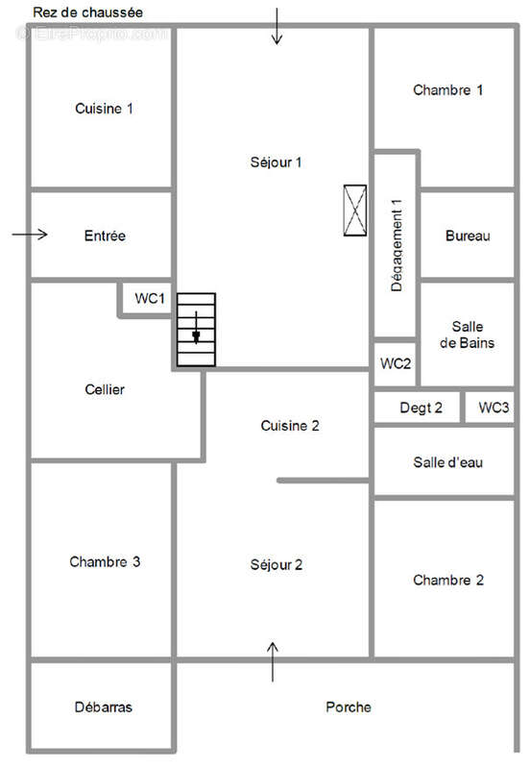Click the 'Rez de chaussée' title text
[87, 12]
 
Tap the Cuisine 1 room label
[104, 109]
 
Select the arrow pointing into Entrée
[31, 234]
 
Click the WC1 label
[150, 299]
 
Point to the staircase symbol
[196, 330]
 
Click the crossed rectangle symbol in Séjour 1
[355, 209]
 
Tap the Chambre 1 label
[447, 90]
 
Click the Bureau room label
[469, 236]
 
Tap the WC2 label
[396, 363]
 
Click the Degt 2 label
[421, 408]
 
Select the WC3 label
[494, 408]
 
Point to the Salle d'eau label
[447, 462]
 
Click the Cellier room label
[105, 389]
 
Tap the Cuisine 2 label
[289, 426]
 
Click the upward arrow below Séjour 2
[273, 660]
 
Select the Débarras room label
[103, 707]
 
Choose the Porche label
[349, 707]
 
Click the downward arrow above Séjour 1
[277, 26]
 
